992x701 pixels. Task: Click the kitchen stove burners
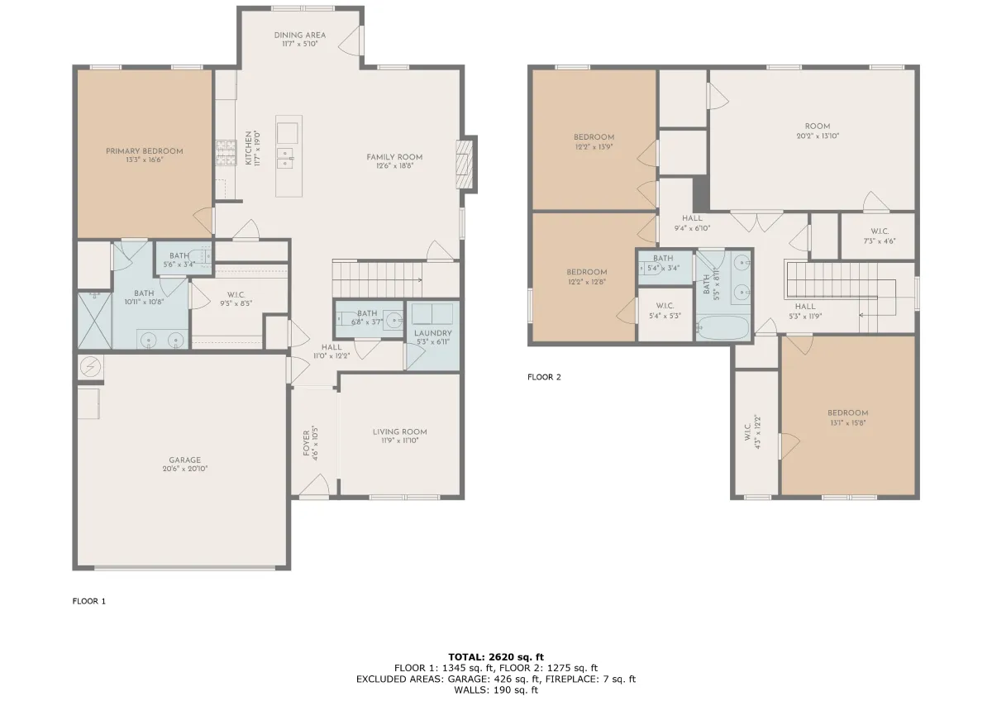(226, 153)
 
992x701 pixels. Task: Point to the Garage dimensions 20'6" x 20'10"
(185, 469)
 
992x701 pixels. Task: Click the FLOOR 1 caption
(89, 601)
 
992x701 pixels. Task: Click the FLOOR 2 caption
(544, 377)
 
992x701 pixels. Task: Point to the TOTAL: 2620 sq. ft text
(496, 657)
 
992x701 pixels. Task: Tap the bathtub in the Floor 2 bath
(723, 327)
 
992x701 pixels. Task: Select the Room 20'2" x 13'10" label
(818, 131)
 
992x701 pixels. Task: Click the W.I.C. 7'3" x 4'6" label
(880, 236)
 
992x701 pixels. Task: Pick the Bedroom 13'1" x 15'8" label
(847, 418)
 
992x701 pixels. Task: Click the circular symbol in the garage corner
(91, 367)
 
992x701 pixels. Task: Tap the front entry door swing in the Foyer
(314, 486)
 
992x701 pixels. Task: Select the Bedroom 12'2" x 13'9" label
(594, 142)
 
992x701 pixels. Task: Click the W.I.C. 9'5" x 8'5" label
(236, 299)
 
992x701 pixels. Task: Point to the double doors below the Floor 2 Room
(757, 222)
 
